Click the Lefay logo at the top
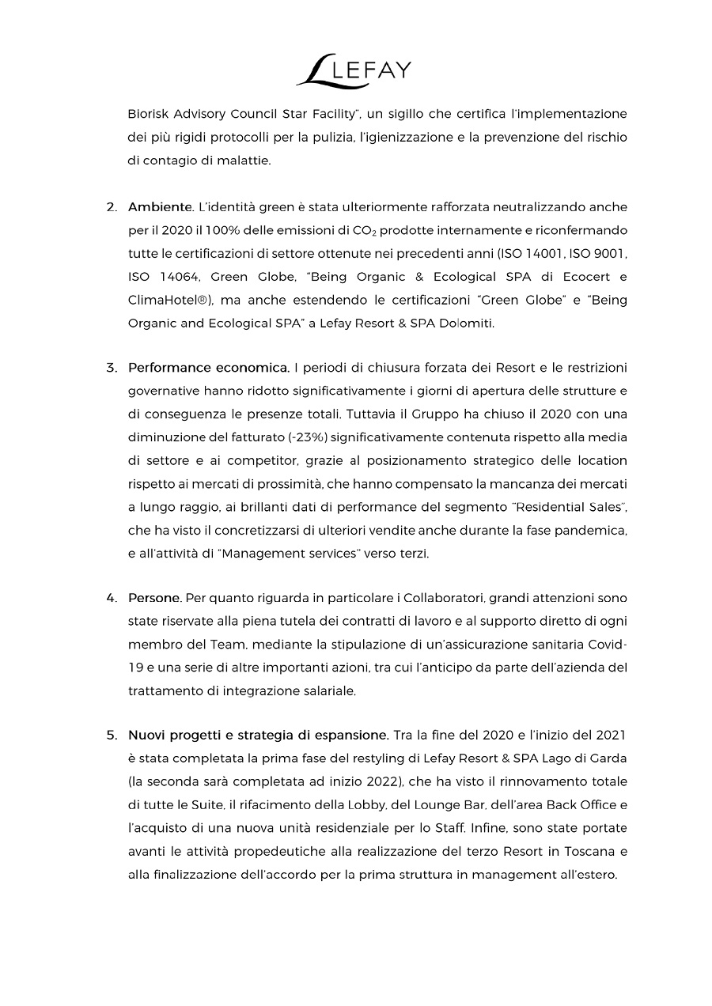coord(354,70)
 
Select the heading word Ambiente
coord(161,207)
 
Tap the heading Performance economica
coord(209,368)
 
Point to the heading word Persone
coord(155,598)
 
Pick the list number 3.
coord(112,368)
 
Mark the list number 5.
coord(112,736)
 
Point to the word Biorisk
coord(149,114)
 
